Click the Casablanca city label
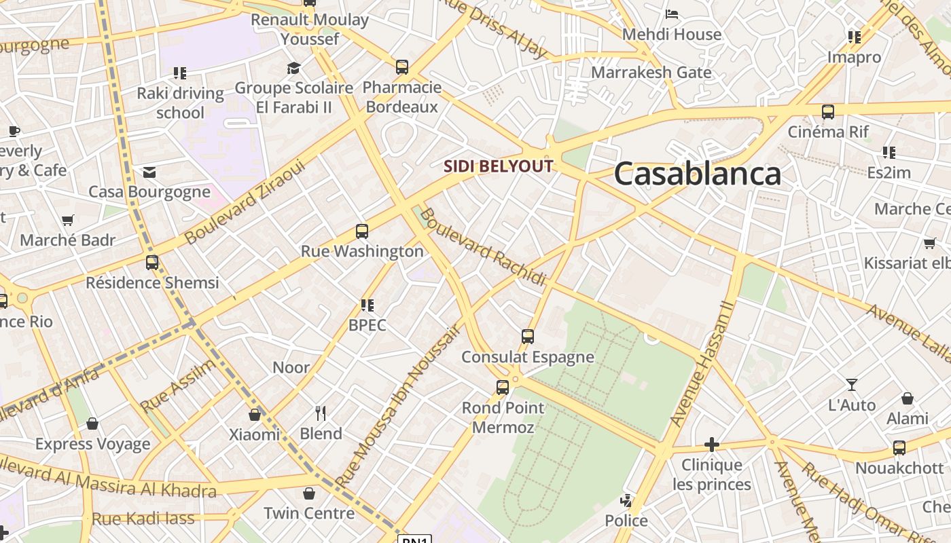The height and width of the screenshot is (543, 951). (698, 174)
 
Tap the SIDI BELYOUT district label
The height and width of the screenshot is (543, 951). (499, 166)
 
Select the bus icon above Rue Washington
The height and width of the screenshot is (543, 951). (362, 231)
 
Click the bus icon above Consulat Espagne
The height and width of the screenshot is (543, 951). (528, 337)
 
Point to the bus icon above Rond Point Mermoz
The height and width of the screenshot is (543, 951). (503, 388)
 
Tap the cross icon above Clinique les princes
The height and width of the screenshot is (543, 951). (712, 445)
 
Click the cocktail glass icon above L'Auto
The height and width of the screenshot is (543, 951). (851, 386)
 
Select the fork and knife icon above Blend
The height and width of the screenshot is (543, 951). (321, 413)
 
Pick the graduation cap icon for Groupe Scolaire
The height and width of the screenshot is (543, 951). (293, 68)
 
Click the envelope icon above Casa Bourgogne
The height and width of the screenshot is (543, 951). (149, 172)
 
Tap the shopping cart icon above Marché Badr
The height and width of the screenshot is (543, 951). (67, 221)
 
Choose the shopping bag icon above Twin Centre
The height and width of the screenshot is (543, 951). (309, 493)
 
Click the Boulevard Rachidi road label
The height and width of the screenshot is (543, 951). (482, 247)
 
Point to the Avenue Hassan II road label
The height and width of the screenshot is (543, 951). (702, 364)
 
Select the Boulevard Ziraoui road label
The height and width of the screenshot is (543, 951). (245, 202)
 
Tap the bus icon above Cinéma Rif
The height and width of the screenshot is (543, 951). (827, 112)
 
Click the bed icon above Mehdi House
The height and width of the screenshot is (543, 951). (672, 14)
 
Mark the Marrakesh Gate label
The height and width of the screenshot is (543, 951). (651, 72)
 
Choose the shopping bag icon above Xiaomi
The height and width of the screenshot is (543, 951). (255, 415)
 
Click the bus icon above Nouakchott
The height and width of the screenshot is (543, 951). (899, 448)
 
